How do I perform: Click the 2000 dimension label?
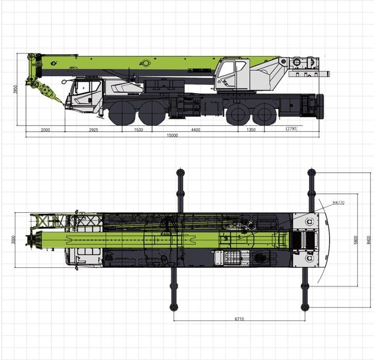[x=45, y=130]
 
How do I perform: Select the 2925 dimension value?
[x=93, y=130]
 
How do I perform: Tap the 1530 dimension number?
[x=138, y=130]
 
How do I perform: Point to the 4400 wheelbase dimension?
[x=196, y=130]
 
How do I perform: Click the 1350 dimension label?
[x=251, y=130]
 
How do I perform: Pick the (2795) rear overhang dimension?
[x=292, y=129]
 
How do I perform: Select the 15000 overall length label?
[x=172, y=135]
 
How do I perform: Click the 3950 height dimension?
[x=15, y=89]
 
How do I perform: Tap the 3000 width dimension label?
[x=13, y=240]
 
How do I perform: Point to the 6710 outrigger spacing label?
[x=239, y=319]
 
